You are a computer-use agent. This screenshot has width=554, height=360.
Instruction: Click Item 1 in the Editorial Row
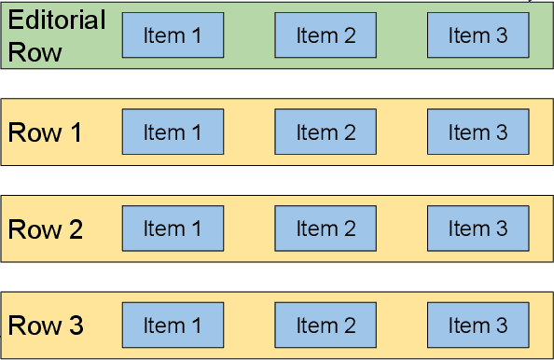[173, 35]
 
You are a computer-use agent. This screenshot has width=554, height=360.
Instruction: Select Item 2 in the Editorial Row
[325, 35]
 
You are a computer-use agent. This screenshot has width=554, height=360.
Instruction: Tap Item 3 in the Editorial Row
[478, 35]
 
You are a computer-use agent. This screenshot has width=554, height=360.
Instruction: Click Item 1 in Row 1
[173, 132]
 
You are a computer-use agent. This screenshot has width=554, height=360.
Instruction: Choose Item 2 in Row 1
[325, 132]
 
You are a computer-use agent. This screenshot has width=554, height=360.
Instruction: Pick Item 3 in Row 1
[478, 132]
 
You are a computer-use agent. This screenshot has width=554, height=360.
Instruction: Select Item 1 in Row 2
[173, 228]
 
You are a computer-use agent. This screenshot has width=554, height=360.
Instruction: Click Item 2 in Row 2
[325, 228]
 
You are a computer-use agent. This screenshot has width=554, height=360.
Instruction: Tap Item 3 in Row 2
[478, 228]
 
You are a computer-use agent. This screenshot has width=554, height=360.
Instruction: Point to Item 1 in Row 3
[173, 325]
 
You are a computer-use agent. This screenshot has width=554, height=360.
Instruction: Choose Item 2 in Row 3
[325, 325]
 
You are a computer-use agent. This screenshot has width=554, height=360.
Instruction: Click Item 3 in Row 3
[478, 325]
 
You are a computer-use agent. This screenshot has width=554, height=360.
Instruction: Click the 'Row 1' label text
[45, 132]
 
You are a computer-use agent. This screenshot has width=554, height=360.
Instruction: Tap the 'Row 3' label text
[45, 326]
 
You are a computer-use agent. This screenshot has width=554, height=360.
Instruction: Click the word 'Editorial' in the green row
[57, 21]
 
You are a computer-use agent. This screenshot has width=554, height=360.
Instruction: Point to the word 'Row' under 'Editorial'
[35, 51]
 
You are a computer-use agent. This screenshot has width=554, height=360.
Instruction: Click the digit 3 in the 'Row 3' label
[76, 326]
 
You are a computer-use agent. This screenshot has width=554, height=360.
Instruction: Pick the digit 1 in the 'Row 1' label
[75, 132]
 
